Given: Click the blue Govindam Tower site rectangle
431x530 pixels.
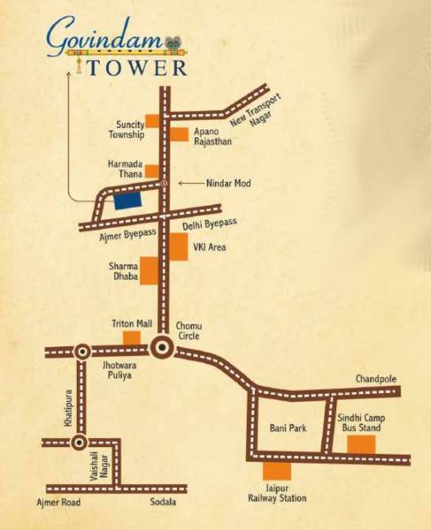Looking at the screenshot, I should [x=127, y=201].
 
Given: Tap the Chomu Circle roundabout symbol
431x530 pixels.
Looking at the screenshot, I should [x=162, y=348].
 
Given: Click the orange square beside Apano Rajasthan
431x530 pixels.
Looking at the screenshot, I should [x=180, y=133].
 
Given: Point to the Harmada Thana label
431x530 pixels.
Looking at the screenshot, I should [x=125, y=170].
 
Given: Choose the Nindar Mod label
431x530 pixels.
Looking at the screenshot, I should [x=227, y=183].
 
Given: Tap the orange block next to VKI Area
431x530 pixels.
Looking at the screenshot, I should [x=178, y=246].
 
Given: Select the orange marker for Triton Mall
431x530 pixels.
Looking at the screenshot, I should [x=131, y=337].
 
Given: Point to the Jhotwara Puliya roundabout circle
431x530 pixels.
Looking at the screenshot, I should [x=81, y=351].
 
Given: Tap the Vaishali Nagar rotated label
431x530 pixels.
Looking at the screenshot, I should [x=95, y=466].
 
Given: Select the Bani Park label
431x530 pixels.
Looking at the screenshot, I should [x=287, y=428].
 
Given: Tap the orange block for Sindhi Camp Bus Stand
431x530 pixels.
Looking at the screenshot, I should [x=361, y=443].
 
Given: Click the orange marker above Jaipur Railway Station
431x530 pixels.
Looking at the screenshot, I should [x=277, y=472].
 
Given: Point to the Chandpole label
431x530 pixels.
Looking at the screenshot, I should [x=377, y=378].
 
